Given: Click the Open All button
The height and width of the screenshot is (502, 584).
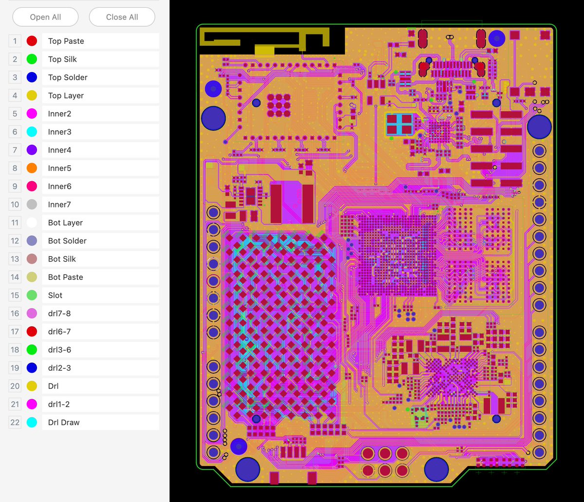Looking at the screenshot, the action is point(45,17).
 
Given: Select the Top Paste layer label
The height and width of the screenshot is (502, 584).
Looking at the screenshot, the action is point(66,41).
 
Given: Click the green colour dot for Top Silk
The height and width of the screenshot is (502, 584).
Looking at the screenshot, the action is point(32,59).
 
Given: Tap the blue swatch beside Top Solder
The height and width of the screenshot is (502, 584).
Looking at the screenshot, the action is point(32,77).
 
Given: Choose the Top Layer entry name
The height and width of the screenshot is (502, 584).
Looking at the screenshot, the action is point(66,96).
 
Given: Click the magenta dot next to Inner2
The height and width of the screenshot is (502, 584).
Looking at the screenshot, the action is point(32,114).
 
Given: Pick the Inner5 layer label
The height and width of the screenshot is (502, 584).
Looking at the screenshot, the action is point(59,168).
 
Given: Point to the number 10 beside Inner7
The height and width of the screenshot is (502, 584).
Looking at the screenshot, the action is point(15,205).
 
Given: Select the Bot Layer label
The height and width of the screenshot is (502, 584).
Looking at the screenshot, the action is point(65,223).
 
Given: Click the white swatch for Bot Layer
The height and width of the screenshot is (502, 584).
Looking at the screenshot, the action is point(32,223).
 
